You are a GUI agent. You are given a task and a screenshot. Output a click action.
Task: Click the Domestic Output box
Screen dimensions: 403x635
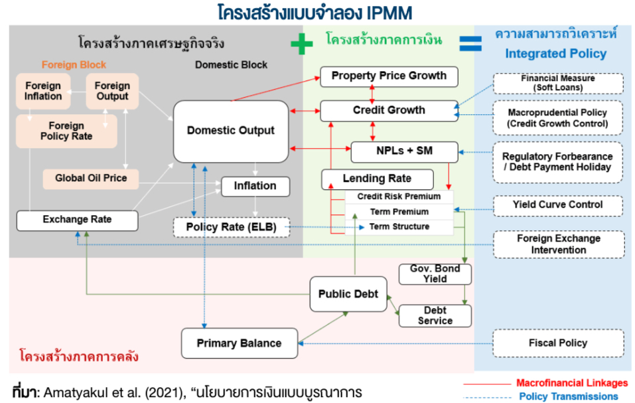230,131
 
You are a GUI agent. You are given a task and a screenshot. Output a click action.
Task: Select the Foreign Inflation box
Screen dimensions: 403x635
43,92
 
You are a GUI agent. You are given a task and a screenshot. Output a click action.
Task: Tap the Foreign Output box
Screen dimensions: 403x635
112,92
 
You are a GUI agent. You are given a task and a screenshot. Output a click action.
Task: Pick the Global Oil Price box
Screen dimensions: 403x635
91,179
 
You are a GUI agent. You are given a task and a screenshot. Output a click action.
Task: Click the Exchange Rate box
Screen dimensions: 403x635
77,220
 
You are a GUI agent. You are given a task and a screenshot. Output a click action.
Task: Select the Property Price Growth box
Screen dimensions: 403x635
389,76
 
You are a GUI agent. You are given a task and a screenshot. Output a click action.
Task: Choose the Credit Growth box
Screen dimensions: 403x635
389,110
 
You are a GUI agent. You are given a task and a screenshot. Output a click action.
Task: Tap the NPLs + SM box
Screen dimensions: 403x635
404,151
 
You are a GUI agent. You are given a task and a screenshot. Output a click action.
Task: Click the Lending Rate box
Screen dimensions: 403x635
377,179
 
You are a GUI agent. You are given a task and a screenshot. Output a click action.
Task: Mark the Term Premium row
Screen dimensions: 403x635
399,212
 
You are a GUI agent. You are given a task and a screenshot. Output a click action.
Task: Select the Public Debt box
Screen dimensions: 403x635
348,294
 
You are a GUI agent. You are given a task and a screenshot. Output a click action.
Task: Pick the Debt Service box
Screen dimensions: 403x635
435,315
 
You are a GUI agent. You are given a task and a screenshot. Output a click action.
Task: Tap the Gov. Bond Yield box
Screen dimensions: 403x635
435,274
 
